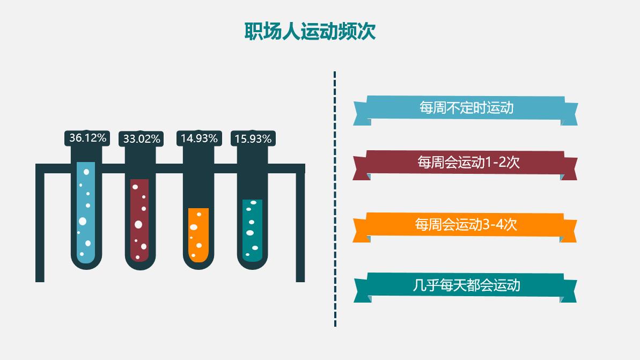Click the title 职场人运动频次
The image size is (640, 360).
[x=310, y=31]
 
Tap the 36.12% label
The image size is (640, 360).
[x=88, y=138]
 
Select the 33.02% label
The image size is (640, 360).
[x=142, y=139]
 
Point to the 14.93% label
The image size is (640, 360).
[x=199, y=138]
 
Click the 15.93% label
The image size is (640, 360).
[x=253, y=139]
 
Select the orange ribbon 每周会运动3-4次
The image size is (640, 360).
[x=466, y=224]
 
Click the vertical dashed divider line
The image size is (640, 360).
[x=335, y=199]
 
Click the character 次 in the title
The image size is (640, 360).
[x=367, y=31]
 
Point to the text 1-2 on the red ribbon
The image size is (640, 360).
[x=496, y=162]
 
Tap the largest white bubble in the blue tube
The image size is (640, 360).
[x=83, y=221]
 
